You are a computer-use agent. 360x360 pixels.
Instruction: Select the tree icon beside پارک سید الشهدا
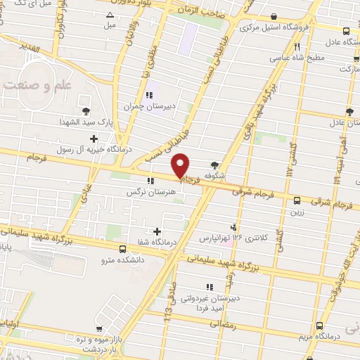tap(86, 111)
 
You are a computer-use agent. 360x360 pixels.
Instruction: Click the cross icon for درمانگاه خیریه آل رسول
tap(94, 138)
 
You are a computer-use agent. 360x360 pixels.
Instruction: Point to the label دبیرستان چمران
tap(148, 107)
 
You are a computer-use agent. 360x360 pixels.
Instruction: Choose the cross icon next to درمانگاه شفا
tap(156, 231)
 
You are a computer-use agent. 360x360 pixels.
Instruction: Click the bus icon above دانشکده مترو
tap(123, 249)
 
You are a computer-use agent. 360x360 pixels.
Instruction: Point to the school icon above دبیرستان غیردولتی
tap(209, 287)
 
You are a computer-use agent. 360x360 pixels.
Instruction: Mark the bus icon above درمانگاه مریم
tap(320, 326)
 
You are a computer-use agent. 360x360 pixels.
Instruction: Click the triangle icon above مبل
tap(109, 15)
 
